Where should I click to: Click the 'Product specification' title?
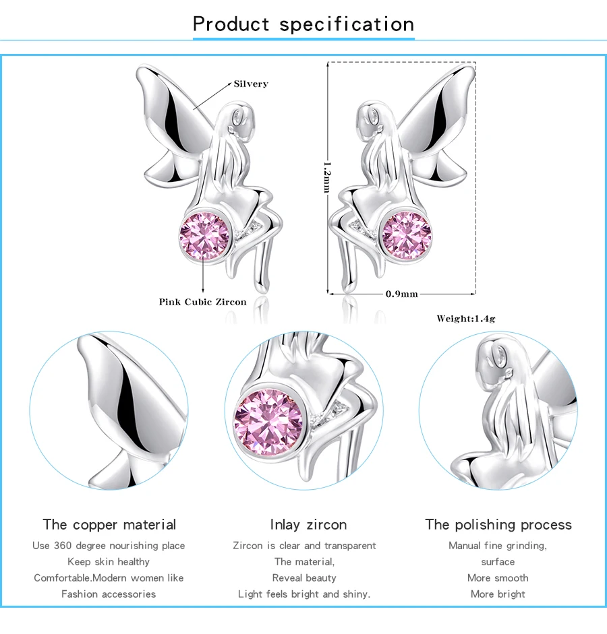click(303, 24)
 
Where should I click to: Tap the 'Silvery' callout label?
click(251, 84)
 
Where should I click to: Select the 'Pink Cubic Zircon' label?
click(202, 302)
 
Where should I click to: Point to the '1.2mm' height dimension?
click(327, 177)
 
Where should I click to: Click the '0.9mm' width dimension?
click(401, 294)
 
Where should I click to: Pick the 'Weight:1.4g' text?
click(466, 319)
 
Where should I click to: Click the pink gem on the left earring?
click(204, 236)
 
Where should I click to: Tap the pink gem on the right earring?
click(407, 235)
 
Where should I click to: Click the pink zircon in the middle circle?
click(268, 422)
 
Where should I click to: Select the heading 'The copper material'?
click(109, 524)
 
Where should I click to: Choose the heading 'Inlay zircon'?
click(308, 524)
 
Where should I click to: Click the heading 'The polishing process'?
click(498, 524)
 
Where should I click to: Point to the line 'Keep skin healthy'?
click(109, 562)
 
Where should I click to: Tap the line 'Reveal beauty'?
click(304, 578)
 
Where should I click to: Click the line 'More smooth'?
click(498, 578)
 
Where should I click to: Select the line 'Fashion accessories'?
click(109, 594)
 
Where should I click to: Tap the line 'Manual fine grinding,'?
click(498, 546)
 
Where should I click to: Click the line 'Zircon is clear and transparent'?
click(304, 546)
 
